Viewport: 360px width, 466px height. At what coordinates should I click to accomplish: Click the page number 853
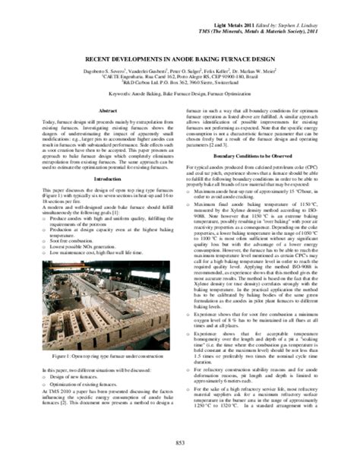coord(180,443)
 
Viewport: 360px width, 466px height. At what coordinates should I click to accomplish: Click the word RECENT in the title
coord(98,57)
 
